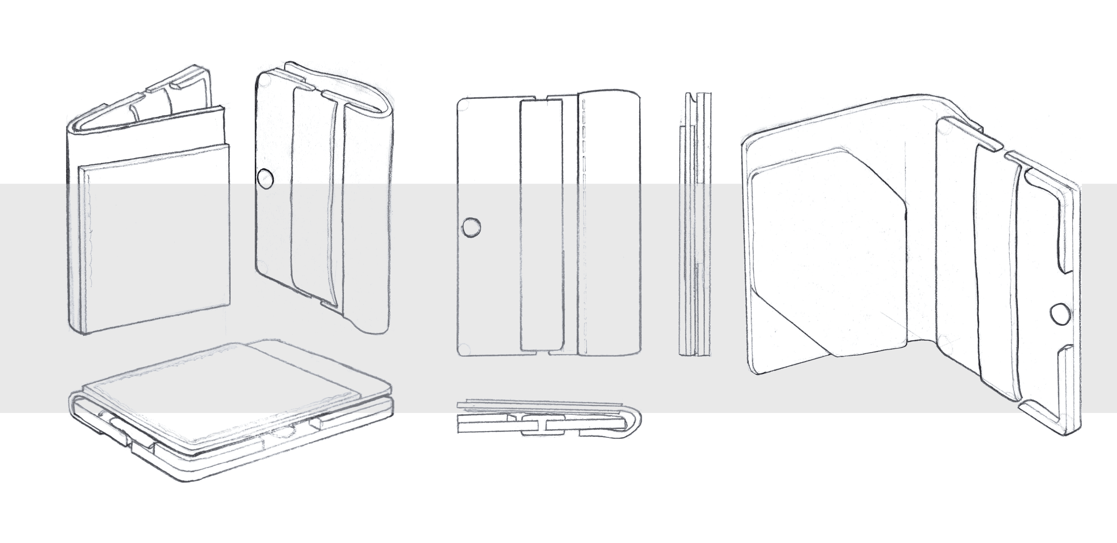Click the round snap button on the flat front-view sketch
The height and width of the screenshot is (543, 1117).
471,228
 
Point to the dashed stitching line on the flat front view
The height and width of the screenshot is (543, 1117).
584,226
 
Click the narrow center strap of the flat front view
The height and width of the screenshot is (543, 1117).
542,226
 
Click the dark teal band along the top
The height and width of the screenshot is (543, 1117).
558,22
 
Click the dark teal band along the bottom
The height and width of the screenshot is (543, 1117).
558,521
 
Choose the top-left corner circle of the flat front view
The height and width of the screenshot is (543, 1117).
463,104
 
